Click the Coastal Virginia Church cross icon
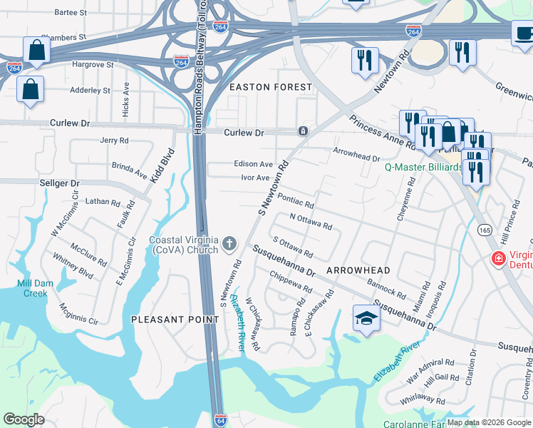pos(229,245)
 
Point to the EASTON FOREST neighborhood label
pos(270,87)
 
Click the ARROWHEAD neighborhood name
pos(358,271)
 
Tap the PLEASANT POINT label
pos(175,320)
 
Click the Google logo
pos(24,419)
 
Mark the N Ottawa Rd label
pos(311,221)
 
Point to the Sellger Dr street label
pos(21,183)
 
